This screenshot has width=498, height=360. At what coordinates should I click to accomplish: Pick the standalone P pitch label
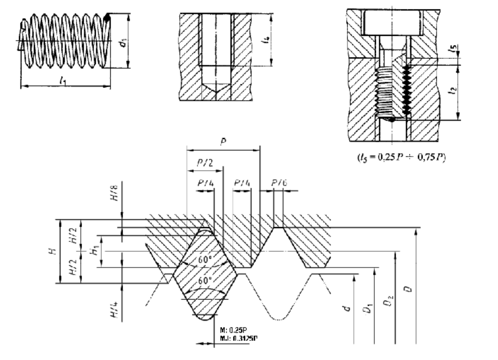[223, 141]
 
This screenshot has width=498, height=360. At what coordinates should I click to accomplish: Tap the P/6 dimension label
[280, 182]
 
